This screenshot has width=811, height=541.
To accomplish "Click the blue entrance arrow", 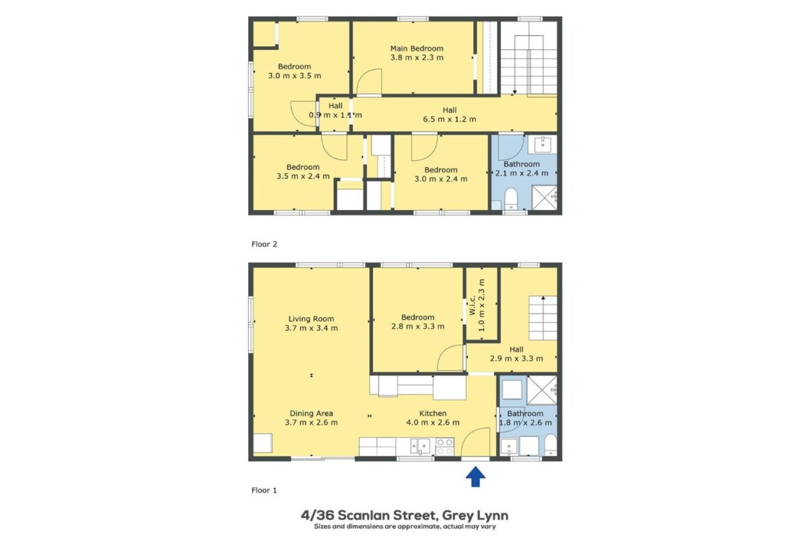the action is click(475, 477).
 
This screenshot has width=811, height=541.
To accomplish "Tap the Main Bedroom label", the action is click(417, 48).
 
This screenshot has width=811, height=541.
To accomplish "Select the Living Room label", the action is click(311, 319).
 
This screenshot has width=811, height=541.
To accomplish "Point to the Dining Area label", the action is click(312, 413).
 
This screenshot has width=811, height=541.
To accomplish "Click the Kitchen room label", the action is click(433, 413).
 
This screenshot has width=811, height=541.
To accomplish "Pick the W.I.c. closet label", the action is click(472, 305).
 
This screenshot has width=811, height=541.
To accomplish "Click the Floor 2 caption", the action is click(264, 244).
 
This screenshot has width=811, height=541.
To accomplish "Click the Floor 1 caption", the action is click(264, 490).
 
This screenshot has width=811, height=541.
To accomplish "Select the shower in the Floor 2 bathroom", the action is click(545, 197).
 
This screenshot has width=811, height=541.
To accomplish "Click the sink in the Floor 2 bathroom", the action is click(542, 145).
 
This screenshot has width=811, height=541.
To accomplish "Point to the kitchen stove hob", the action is click(444, 446).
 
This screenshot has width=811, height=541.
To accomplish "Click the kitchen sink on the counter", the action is click(420, 446).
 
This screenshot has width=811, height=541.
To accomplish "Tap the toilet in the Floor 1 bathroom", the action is click(551, 444).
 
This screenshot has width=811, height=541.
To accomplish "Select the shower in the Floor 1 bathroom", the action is click(542, 390).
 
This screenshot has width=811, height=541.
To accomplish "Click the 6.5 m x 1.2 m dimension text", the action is click(449, 119).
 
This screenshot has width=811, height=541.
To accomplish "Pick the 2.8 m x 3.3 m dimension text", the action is click(418, 326).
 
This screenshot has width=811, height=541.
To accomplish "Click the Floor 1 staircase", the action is click(543, 317).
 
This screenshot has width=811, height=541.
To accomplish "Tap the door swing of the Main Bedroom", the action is click(369, 82).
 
